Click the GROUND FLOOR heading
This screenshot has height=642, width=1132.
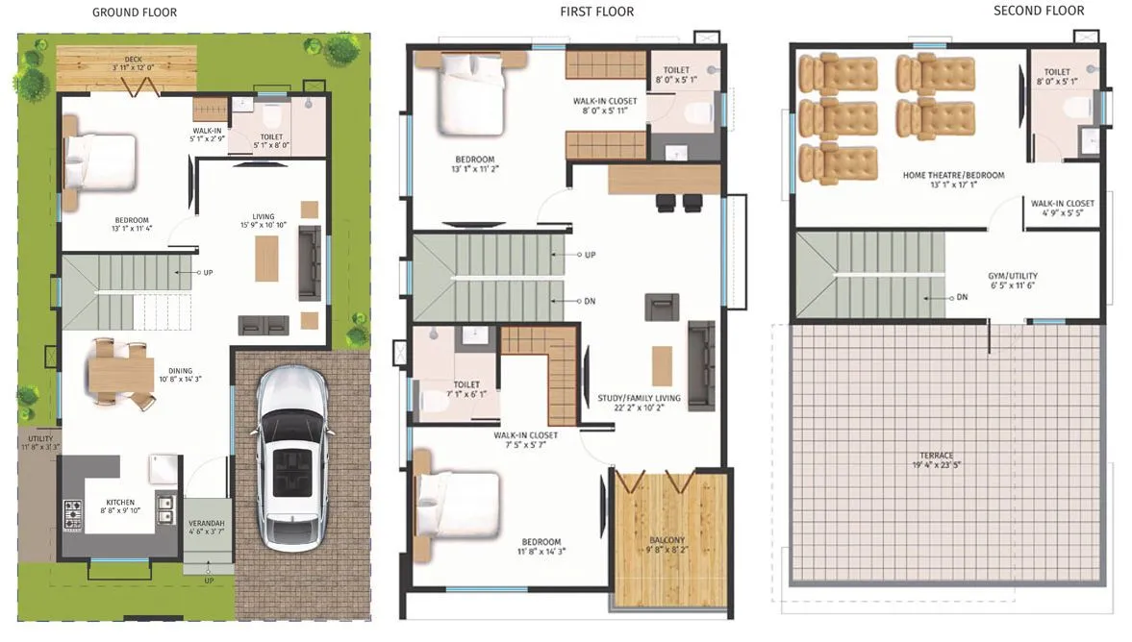pos(134,12)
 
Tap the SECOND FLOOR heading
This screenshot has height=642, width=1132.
pos(1039,11)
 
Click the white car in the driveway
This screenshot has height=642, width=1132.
pos(290,460)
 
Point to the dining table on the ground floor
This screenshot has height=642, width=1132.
pos(121,373)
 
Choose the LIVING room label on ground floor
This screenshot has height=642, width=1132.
pos(264,216)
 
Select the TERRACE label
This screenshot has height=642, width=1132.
pos(935,456)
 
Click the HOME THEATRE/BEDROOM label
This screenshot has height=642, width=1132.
pos(953,175)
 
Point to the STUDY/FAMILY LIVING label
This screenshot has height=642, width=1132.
pos(639,397)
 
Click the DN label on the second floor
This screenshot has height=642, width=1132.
pos(962,297)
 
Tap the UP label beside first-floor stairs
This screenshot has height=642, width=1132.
pos(590,256)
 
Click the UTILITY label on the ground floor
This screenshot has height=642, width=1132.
pos(40,439)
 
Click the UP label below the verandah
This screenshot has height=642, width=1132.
pos(209,580)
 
